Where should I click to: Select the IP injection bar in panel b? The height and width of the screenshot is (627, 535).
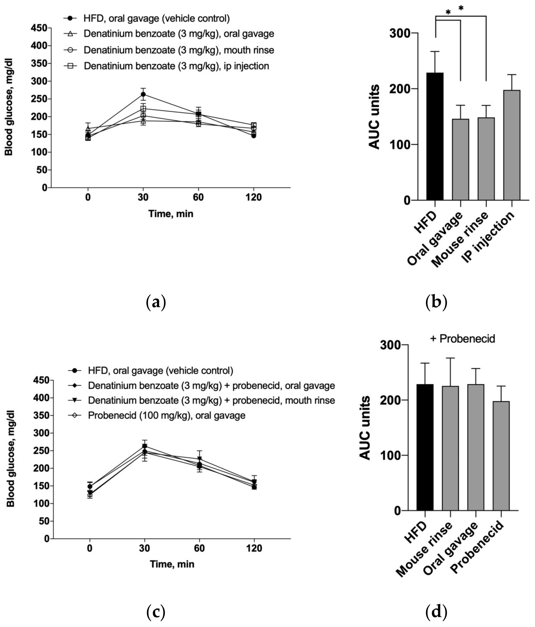511,145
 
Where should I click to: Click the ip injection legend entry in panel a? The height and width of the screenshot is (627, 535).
176,66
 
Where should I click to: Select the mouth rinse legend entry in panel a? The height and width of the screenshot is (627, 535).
179,50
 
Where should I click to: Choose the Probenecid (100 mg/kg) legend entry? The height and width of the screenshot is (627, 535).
166,415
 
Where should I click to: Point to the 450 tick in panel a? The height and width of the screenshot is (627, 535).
39,28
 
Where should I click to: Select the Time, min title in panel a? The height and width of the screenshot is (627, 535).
171,214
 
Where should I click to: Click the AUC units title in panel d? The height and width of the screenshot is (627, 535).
365,428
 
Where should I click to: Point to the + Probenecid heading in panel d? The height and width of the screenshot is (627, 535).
462,339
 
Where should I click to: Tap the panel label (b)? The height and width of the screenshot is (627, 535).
436,302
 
